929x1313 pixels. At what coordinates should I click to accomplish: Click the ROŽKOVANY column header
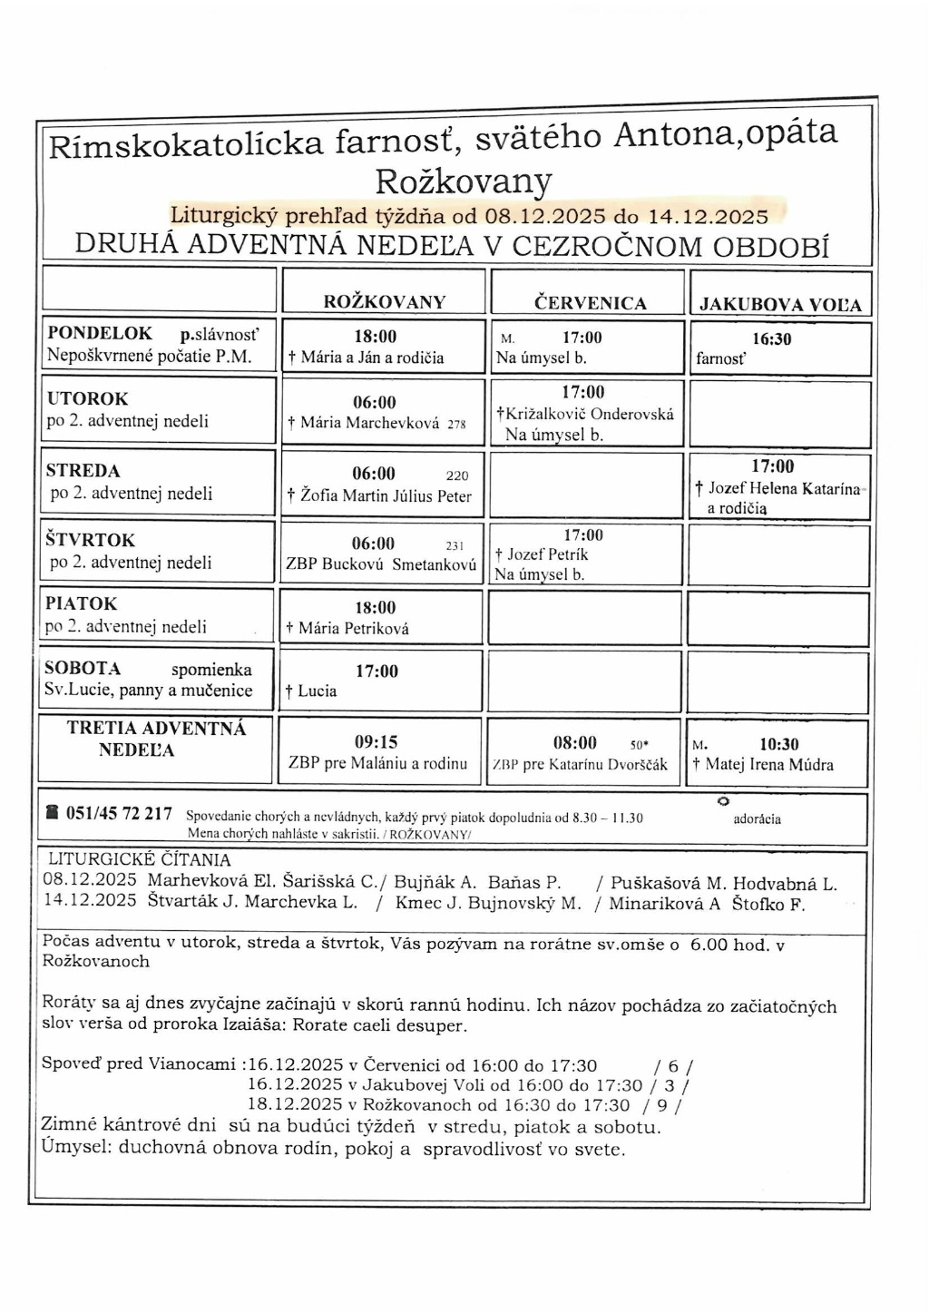pyautogui.click(x=385, y=303)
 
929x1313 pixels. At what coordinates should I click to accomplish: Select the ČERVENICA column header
pyautogui.click(x=591, y=304)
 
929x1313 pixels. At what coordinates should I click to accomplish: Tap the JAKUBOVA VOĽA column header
pyautogui.click(x=780, y=306)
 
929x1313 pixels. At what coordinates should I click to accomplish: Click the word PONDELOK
pyautogui.click(x=100, y=334)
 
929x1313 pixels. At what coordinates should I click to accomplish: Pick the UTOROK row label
pyautogui.click(x=87, y=398)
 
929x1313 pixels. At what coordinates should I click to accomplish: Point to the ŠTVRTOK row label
pyautogui.click(x=90, y=540)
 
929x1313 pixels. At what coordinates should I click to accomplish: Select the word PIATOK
pyautogui.click(x=82, y=603)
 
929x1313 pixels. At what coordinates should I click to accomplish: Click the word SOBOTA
pyautogui.click(x=83, y=669)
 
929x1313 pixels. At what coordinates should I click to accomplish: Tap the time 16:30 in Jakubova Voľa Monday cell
pyautogui.click(x=772, y=339)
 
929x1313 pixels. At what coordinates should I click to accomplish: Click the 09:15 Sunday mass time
pyautogui.click(x=376, y=742)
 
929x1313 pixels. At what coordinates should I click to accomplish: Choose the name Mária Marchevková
pyautogui.click(x=370, y=422)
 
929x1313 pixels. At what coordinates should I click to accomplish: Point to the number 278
pyautogui.click(x=456, y=424)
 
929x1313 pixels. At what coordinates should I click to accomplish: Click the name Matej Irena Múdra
pyautogui.click(x=769, y=765)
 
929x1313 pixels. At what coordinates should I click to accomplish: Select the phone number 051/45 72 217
pyautogui.click(x=119, y=813)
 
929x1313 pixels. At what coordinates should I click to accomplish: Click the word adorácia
pyautogui.click(x=757, y=819)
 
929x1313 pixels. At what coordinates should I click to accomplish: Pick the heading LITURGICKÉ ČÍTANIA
pyautogui.click(x=139, y=859)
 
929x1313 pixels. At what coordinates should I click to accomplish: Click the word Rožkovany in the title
pyautogui.click(x=463, y=181)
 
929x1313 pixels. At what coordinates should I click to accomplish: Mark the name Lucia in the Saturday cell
pyautogui.click(x=317, y=691)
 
